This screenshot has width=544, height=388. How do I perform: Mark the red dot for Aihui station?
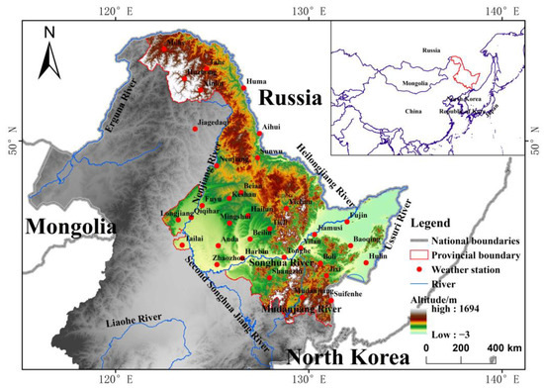coord(259,132)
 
